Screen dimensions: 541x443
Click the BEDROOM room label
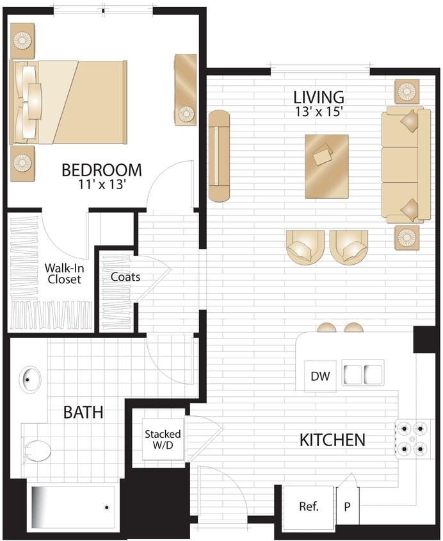click(x=102, y=170)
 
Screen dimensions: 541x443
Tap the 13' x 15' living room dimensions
click(x=319, y=111)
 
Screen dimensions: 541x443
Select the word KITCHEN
click(x=333, y=440)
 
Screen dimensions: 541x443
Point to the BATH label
click(x=83, y=412)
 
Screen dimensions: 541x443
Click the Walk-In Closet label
click(x=63, y=274)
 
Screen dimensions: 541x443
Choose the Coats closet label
click(x=125, y=278)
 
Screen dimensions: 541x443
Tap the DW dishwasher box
click(x=319, y=376)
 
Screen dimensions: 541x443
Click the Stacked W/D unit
click(x=163, y=440)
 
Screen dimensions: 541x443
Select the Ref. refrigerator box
click(x=309, y=506)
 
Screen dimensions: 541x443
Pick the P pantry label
click(x=348, y=506)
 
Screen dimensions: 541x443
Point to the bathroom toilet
click(x=36, y=451)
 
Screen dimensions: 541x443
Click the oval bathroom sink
click(x=30, y=379)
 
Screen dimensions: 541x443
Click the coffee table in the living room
click(x=326, y=166)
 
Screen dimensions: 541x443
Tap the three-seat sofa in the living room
click(x=405, y=165)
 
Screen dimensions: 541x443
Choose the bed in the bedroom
click(x=70, y=103)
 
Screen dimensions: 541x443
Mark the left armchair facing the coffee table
click(x=305, y=247)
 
